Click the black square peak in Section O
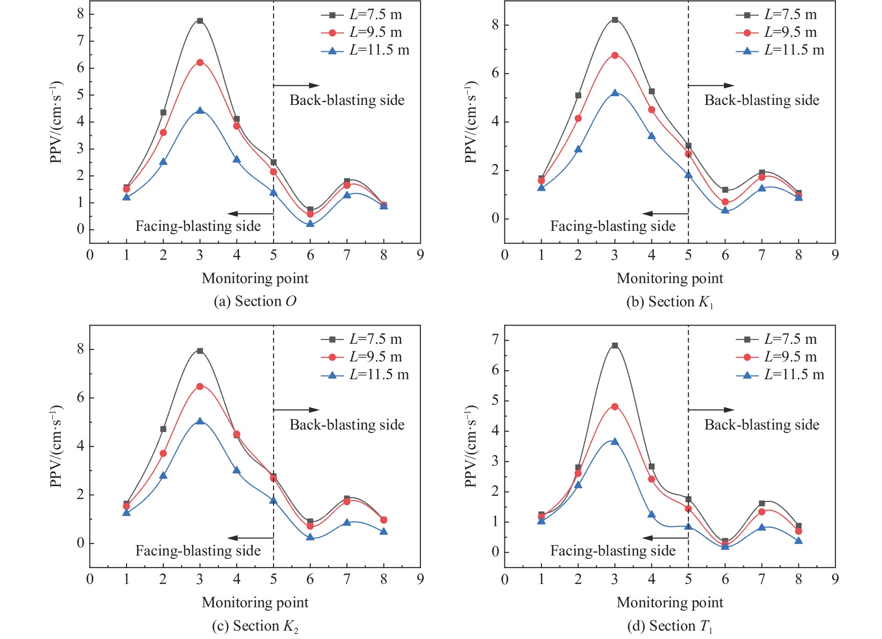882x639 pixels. [x=200, y=21]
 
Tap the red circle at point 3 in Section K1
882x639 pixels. [x=615, y=56]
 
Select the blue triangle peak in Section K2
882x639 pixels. [x=200, y=421]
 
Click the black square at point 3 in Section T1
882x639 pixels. [x=615, y=346]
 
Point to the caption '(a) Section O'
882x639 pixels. [x=255, y=301]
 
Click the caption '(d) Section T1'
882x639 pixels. [x=670, y=626]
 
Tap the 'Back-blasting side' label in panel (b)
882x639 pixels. [x=762, y=100]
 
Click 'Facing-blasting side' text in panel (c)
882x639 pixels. [x=198, y=551]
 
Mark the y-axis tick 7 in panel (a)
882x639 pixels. [x=81, y=41]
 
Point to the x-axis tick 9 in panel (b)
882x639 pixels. [x=835, y=255]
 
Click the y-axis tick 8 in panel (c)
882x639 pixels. [x=81, y=349]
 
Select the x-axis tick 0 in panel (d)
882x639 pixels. [x=504, y=579]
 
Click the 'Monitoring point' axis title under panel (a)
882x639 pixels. [x=255, y=278]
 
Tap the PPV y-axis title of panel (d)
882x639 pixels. [x=471, y=446]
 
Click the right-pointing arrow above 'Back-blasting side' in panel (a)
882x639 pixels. [x=296, y=85]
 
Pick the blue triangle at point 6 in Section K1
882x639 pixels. [x=725, y=210]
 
